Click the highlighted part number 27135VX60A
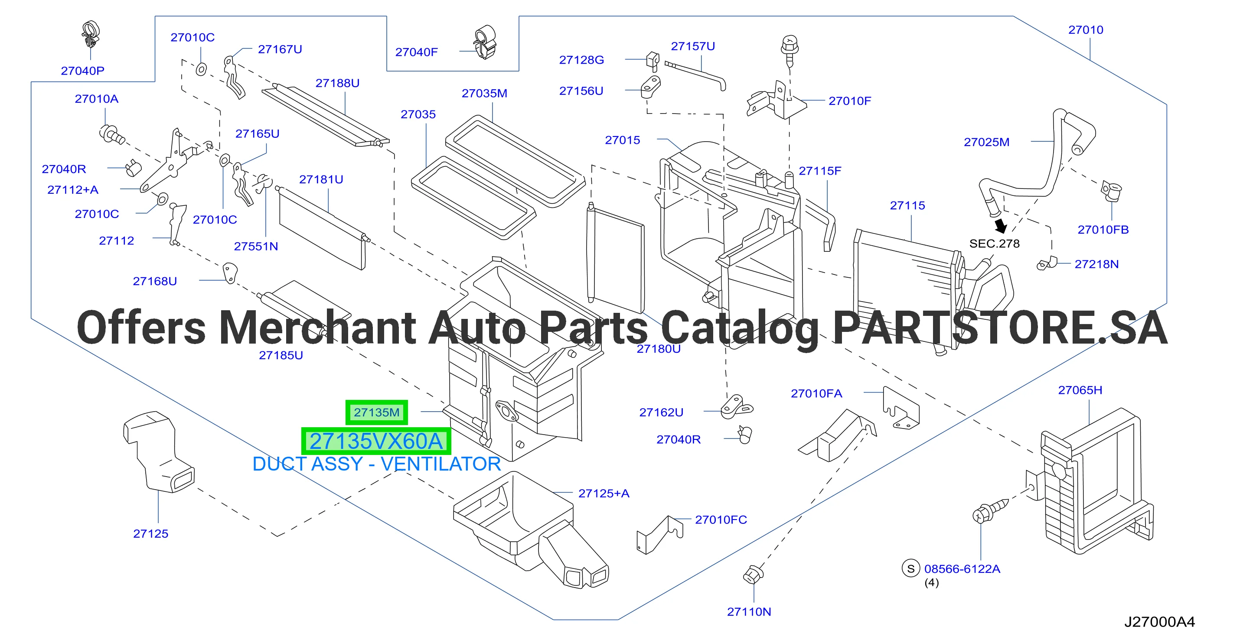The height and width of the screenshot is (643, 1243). [376, 442]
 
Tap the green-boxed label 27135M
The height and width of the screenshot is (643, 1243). [376, 412]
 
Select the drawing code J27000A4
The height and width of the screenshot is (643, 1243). [1159, 622]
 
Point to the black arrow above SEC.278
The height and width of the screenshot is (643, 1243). [1001, 226]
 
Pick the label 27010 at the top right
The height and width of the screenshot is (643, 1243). [1086, 30]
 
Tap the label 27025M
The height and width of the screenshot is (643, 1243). [986, 142]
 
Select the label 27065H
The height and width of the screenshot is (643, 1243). [1080, 390]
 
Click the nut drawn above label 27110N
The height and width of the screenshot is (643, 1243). [753, 574]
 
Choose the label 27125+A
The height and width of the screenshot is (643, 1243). [604, 494]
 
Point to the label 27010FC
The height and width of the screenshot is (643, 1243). [721, 520]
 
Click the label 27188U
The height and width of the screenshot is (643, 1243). [337, 83]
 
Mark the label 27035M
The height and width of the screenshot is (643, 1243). [484, 93]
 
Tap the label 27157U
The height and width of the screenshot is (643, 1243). [693, 46]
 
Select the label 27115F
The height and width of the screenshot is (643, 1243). [820, 171]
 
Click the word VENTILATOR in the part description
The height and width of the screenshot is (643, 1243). [440, 464]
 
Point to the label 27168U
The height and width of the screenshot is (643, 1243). [155, 281]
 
